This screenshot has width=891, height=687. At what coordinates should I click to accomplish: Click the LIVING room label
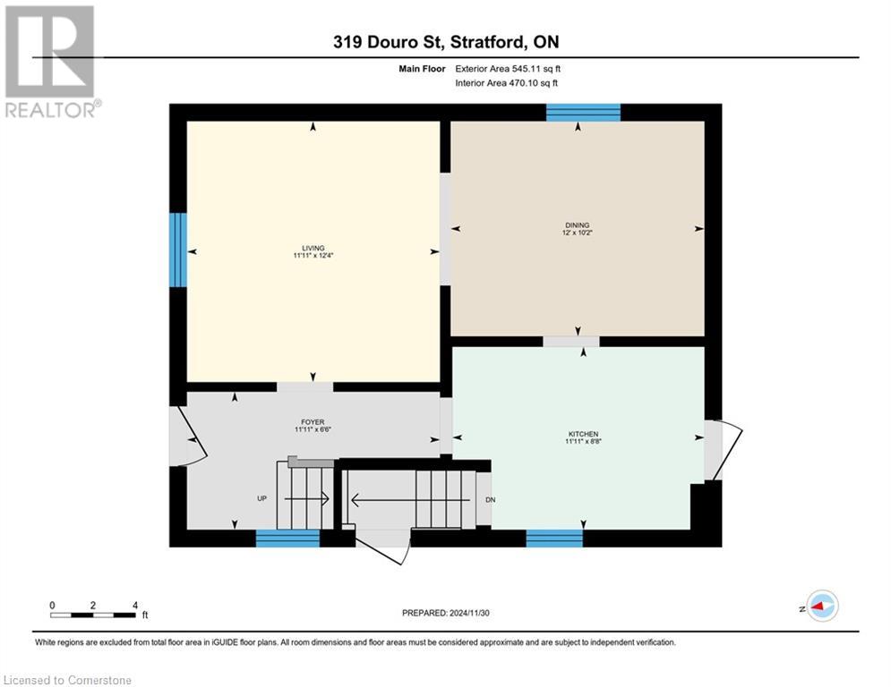point(313,248)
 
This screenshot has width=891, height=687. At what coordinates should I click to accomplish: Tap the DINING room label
point(578,225)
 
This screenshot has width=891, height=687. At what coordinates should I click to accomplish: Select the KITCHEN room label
point(581,434)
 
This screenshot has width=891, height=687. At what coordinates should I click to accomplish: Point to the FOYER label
point(313,422)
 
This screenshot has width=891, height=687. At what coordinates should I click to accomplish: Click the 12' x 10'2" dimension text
point(578,233)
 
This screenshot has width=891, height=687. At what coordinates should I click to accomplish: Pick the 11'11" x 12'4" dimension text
point(313,256)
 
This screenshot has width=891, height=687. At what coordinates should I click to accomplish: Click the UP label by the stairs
point(262,498)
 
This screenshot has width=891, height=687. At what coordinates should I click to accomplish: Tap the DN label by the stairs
point(490,500)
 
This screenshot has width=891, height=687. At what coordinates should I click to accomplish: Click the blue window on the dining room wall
point(583,112)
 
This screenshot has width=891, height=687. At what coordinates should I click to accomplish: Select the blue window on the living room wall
point(178,250)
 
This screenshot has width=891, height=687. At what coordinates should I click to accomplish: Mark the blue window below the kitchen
point(554,538)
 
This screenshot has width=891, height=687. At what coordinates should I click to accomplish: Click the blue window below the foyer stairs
point(287,538)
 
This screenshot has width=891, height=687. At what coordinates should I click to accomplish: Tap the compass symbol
point(820,606)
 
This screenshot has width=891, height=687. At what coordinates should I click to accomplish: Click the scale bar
point(93,615)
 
